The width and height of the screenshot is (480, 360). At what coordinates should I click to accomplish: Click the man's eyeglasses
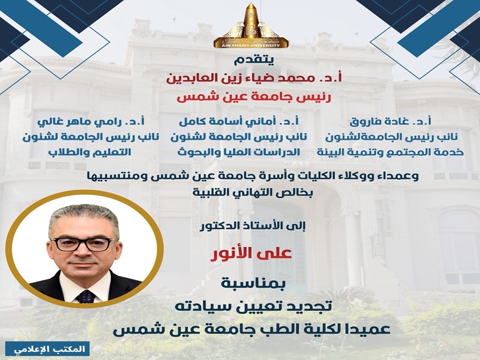(84, 244)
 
